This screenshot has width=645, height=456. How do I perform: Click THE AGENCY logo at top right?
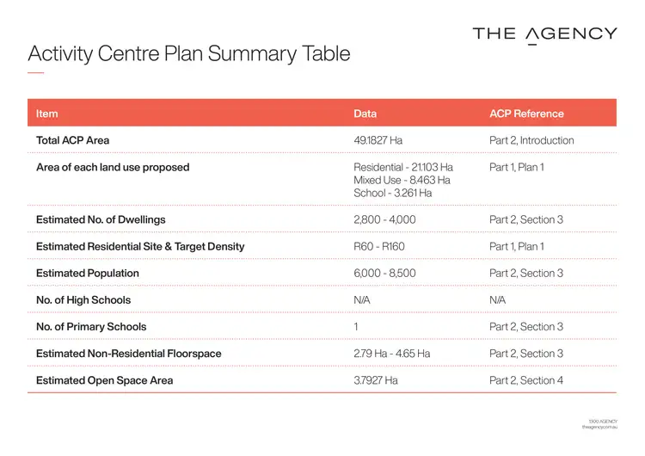[x=544, y=34]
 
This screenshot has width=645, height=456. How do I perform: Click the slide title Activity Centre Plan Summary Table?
[x=189, y=53]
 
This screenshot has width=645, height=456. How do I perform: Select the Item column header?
[x=47, y=114]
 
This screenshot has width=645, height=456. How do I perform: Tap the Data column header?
[x=365, y=114]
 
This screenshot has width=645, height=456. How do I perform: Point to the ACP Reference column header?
[x=526, y=114]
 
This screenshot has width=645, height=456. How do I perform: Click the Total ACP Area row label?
[x=73, y=140]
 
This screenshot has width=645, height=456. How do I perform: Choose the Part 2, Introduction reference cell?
[x=531, y=140]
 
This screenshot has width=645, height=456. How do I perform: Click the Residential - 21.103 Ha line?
[x=403, y=167]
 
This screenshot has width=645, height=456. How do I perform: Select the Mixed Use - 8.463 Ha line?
[x=402, y=180]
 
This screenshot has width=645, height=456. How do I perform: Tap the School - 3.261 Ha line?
[x=393, y=193]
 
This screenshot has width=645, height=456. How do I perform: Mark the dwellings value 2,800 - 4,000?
[x=384, y=219]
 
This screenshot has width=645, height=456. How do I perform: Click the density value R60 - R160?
[x=379, y=246]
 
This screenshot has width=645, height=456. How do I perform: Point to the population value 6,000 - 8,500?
[x=384, y=273]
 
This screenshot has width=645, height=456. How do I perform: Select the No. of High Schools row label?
[x=83, y=299]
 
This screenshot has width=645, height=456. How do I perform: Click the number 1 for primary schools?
[x=356, y=326]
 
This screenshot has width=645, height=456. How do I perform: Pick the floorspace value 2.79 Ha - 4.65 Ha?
[x=392, y=353]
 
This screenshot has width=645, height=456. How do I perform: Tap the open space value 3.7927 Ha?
[x=376, y=379]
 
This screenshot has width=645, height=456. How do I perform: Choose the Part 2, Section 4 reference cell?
[x=526, y=379]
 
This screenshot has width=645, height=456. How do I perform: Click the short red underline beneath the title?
[x=35, y=72]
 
